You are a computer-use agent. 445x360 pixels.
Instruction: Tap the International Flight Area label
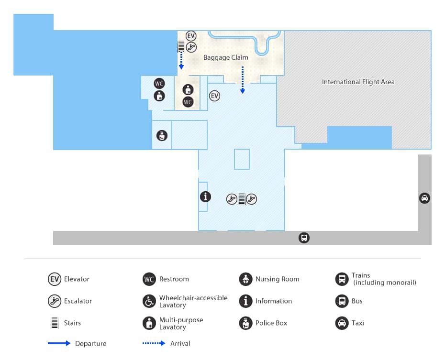click(x=358, y=82)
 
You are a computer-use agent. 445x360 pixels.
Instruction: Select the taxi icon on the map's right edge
click(x=424, y=198)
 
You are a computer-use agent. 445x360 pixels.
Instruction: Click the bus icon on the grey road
click(x=304, y=238)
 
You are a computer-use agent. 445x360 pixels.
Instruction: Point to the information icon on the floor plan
click(x=205, y=196)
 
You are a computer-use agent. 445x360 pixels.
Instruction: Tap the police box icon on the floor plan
click(x=162, y=135)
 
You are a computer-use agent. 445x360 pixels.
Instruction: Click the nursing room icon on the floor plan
click(x=188, y=89)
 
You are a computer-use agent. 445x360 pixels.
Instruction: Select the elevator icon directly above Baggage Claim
click(x=191, y=36)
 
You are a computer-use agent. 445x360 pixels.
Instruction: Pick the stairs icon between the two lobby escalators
click(x=242, y=199)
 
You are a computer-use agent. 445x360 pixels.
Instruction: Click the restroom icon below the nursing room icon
click(x=188, y=102)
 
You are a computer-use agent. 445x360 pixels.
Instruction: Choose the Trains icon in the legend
click(x=342, y=279)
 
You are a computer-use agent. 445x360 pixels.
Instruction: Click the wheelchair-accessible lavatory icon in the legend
click(x=149, y=301)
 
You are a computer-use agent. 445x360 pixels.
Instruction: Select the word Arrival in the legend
click(x=180, y=343)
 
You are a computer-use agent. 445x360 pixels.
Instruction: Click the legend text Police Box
click(x=271, y=323)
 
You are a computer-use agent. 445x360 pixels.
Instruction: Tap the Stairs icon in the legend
click(x=54, y=323)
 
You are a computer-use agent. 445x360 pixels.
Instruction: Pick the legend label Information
click(x=274, y=301)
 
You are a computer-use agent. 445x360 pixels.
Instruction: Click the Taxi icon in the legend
click(x=342, y=323)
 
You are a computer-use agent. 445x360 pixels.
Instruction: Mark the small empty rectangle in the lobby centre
click(x=242, y=159)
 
